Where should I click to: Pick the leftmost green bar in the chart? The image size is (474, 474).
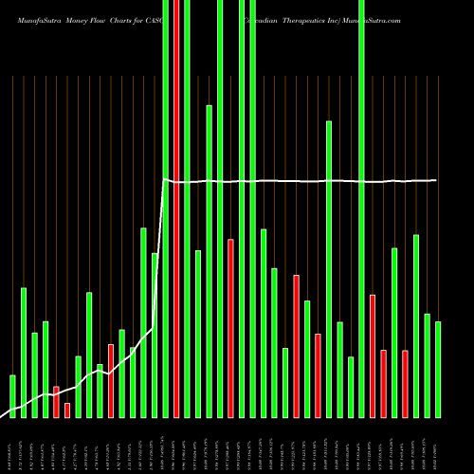pyautogui.click(x=12, y=396)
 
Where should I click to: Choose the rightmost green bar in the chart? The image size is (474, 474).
pyautogui.click(x=438, y=370)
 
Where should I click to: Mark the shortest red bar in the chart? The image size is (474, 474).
pyautogui.click(x=67, y=410)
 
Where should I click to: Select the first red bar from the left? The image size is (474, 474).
pyautogui.click(x=56, y=402)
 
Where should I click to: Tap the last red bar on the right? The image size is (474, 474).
pyautogui.click(x=405, y=384)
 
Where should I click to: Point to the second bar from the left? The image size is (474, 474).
pyautogui.click(x=24, y=352)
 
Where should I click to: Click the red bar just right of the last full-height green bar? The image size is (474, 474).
pyautogui.click(x=373, y=356)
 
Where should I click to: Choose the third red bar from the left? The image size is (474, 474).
pyautogui.click(x=111, y=380)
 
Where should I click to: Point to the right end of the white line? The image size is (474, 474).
pyautogui.click(x=437, y=180)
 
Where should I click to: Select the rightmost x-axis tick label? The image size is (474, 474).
pyautogui.click(x=438, y=446)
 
